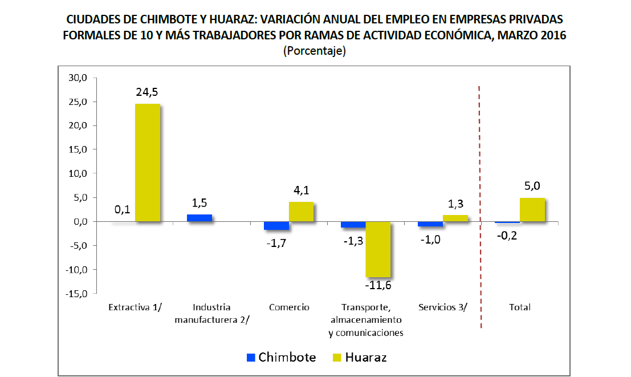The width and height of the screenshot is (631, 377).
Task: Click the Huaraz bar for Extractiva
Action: tap(147, 163)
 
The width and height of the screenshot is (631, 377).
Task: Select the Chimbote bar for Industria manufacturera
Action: tap(200, 218)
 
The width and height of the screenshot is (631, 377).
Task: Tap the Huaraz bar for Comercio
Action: tap(300, 212)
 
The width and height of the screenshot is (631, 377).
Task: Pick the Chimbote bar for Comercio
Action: tap(276, 226)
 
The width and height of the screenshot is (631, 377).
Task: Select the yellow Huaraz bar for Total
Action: tap(532, 209)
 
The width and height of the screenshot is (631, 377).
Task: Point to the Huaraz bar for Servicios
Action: tap(455, 218)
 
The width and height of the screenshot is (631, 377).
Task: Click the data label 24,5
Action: tap(147, 92)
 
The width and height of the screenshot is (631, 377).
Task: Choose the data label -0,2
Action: tap(506, 234)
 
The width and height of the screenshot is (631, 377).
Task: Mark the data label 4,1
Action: tap(300, 190)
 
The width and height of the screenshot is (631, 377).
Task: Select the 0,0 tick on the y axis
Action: tap(79, 222)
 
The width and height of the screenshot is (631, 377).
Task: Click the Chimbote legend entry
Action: tap(281, 358)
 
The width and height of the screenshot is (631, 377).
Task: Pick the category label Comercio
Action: tap(289, 307)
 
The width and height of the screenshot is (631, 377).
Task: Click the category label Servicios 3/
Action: tap(442, 307)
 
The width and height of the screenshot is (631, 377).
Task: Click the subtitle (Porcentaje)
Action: tap(315, 51)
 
